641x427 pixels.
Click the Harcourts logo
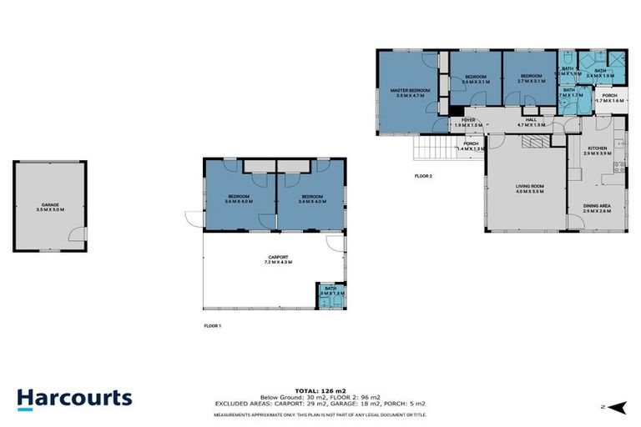74,397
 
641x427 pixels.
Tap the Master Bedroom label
413,93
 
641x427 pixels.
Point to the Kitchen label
598,151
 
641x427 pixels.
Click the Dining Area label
597,208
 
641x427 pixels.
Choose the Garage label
51,207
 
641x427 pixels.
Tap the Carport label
278,259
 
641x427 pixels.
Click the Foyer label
468,122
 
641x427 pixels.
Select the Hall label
530,122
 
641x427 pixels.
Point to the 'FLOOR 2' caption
424,176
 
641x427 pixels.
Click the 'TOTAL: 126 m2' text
320,389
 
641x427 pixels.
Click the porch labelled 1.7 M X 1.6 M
609,98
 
